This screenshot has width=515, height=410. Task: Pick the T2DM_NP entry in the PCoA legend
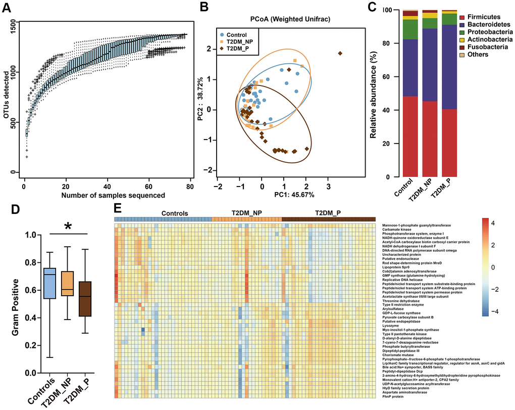239,41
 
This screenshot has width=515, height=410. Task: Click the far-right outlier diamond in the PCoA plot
340,53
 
